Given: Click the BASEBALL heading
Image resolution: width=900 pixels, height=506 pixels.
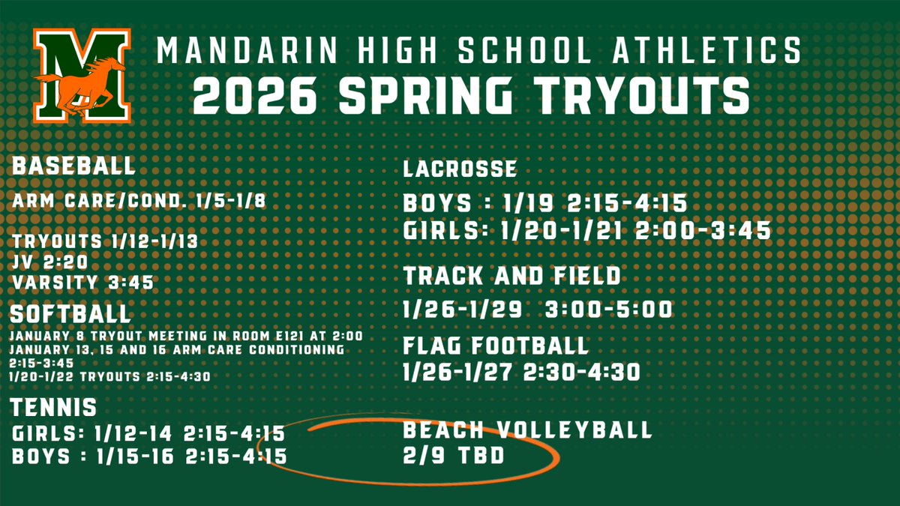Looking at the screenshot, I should click(x=74, y=166).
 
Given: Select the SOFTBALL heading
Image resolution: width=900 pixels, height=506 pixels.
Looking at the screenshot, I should click(x=72, y=313).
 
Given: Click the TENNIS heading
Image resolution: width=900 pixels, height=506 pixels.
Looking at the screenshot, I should click(x=55, y=408).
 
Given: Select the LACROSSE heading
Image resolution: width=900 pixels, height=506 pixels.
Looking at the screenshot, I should click(x=460, y=169).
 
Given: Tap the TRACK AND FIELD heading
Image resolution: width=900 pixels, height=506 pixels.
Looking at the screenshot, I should click(x=512, y=276).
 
